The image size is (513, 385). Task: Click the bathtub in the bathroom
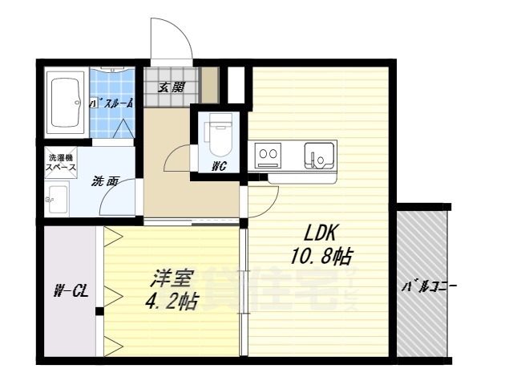[x=67, y=104]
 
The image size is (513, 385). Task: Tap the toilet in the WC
[x=217, y=136]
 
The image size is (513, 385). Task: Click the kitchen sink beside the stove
[x=320, y=154]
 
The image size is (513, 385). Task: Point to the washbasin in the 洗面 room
[x=57, y=196]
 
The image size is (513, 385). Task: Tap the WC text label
[x=217, y=167]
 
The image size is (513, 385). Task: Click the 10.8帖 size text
[x=322, y=257]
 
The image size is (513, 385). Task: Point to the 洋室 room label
[x=172, y=281]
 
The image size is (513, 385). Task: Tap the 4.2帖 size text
[x=172, y=302]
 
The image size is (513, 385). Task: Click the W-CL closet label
[x=71, y=291]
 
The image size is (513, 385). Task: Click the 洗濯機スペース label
[x=61, y=164]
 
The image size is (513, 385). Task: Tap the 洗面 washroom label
[x=105, y=181]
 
